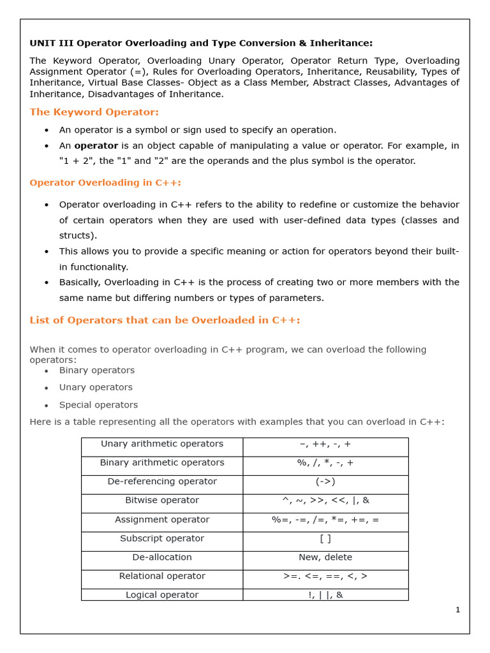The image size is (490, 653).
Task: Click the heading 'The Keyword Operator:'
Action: (x=94, y=112)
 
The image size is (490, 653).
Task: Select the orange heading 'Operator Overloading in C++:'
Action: (x=105, y=182)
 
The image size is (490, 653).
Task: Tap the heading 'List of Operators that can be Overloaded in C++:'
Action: (x=165, y=320)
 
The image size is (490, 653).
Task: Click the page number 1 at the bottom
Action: (x=457, y=610)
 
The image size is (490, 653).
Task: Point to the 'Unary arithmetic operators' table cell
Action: (x=162, y=444)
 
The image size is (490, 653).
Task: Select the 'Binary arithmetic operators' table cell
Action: (x=162, y=462)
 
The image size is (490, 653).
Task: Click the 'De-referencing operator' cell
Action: (x=162, y=481)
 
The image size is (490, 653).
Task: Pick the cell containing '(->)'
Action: (x=325, y=481)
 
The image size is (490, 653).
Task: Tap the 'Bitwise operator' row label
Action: (x=162, y=501)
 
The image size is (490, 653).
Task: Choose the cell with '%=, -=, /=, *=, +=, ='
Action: (x=325, y=520)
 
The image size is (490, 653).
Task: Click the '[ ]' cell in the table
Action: (x=325, y=538)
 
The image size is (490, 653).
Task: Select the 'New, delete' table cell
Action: (x=325, y=557)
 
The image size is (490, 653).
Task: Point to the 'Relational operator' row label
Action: (x=162, y=576)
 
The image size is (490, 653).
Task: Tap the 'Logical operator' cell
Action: (x=162, y=595)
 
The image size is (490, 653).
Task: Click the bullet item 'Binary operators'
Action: (x=97, y=371)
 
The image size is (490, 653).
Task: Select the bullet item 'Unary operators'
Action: (x=96, y=388)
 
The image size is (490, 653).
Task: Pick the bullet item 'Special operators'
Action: (x=98, y=405)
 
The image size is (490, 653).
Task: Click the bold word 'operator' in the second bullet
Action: (x=96, y=146)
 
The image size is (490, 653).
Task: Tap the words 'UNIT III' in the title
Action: (x=48, y=43)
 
